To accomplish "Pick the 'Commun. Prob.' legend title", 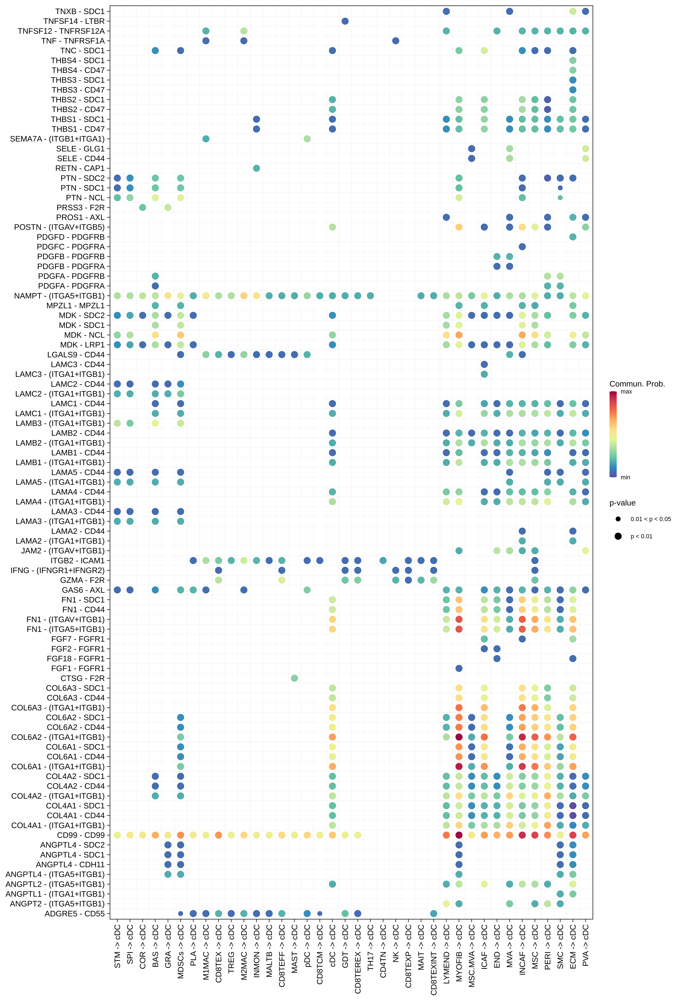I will pos(637,384).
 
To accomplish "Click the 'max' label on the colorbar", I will pos(626,392).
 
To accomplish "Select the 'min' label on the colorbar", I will pos(625,477).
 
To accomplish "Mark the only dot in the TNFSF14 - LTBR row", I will pos(345,21).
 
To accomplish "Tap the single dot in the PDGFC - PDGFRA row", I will pos(522,247).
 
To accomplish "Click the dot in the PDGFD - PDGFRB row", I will pos(573,237).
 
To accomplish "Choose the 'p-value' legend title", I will pos(622,503).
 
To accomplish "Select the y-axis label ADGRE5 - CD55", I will pos(75,914).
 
